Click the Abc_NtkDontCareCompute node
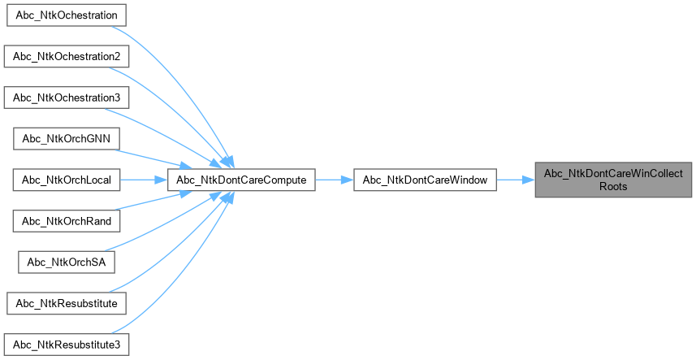click(241, 180)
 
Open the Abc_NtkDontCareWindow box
click(425, 180)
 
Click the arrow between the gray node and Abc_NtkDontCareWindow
click(515, 180)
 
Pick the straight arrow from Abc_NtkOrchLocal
click(145, 180)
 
